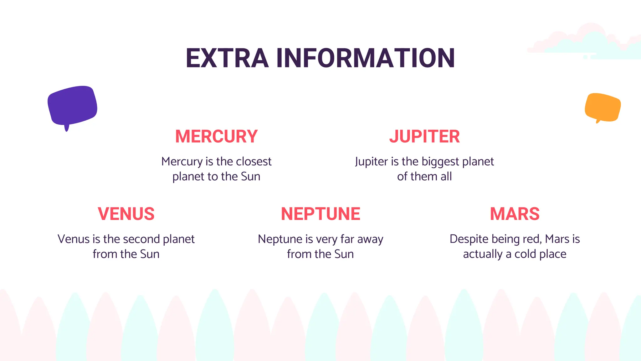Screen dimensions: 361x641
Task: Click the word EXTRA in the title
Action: [227, 58]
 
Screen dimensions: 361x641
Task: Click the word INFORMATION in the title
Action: [365, 58]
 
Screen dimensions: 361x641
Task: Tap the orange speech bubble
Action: [603, 107]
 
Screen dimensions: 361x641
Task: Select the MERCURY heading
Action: [216, 136]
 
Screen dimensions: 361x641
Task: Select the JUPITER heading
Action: [424, 136]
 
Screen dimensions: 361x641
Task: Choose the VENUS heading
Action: [126, 214]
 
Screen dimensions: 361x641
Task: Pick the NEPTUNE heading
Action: [320, 214]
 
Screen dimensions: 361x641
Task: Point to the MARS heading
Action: [515, 214]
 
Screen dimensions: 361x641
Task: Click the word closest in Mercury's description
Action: [254, 161]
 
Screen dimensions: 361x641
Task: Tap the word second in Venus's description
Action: [144, 239]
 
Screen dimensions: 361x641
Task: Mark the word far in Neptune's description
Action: [347, 239]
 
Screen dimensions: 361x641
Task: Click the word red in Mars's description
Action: [534, 239]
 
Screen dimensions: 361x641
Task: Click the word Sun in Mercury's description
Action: [251, 176]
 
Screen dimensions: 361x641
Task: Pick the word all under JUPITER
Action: [446, 176]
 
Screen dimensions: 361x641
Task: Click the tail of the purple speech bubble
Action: [67, 128]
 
